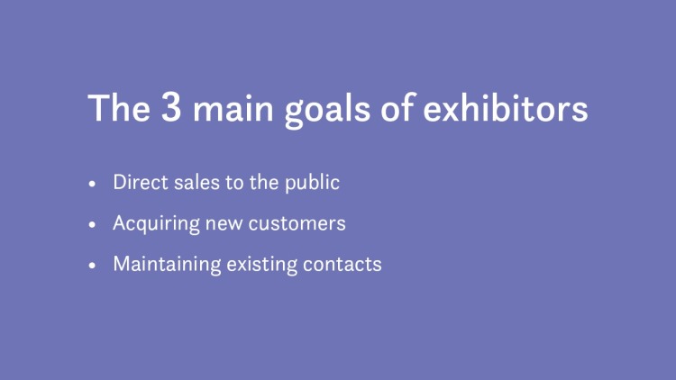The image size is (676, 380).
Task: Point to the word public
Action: click(x=315, y=183)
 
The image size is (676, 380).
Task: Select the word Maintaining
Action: click(x=165, y=266)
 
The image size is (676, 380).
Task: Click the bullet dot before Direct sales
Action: click(x=92, y=183)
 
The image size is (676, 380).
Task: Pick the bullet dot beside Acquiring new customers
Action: click(x=92, y=224)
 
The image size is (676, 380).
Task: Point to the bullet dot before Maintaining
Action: click(x=92, y=267)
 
